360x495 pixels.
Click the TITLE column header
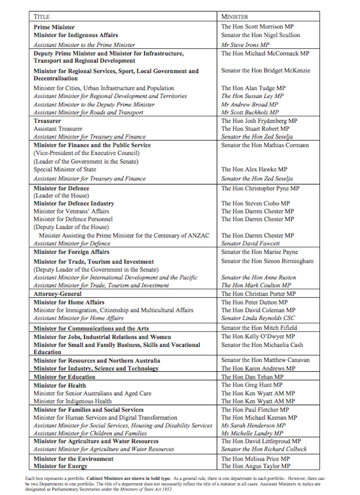(x=42, y=17)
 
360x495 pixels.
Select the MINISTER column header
(x=234, y=17)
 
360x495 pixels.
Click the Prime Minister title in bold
(x=54, y=27)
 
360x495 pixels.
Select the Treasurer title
(x=47, y=121)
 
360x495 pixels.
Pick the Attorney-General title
(x=57, y=294)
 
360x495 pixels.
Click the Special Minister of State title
(x=64, y=170)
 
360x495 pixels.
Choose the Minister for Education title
(x=64, y=377)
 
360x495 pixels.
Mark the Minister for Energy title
(x=61, y=466)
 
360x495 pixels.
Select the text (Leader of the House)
(x=61, y=196)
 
